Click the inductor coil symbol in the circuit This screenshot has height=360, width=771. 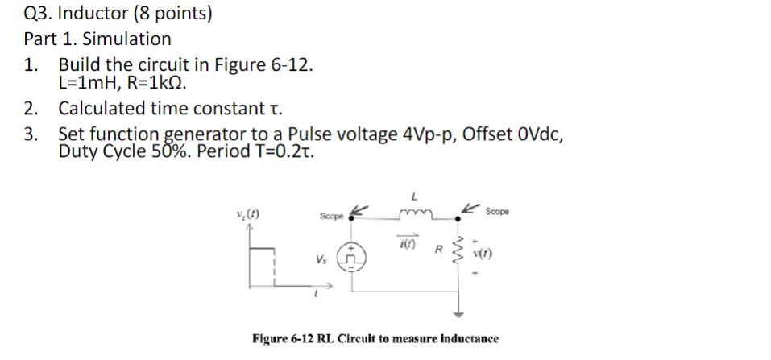(x=415, y=215)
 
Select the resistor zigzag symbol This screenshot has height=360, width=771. (x=461, y=250)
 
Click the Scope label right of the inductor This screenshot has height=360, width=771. (x=497, y=211)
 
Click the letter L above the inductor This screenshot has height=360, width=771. (x=414, y=196)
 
